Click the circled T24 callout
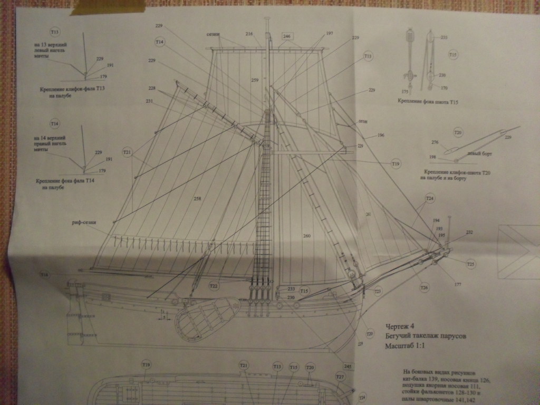[x=430, y=198]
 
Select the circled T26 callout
[x=425, y=287]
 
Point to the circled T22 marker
[x=214, y=286]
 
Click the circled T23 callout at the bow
[x=378, y=291]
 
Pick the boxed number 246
[x=287, y=36]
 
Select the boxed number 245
[x=347, y=364]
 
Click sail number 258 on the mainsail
[x=198, y=199]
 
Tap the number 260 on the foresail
[x=306, y=236]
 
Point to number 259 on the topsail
[x=255, y=80]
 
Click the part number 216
[x=249, y=34]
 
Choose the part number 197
[x=330, y=34]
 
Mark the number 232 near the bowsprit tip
[x=469, y=232]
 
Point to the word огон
[x=363, y=121]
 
